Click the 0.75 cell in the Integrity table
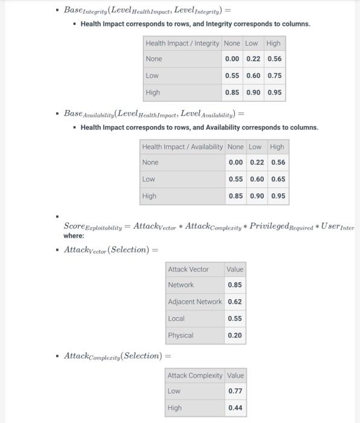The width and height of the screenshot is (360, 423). click(274, 76)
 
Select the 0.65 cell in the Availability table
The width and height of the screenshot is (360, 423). click(278, 179)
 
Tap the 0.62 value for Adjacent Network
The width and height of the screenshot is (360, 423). click(235, 302)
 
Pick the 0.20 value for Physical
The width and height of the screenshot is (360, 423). click(235, 335)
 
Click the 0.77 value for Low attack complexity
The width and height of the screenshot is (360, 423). click(235, 391)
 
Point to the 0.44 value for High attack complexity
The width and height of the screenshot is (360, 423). click(235, 408)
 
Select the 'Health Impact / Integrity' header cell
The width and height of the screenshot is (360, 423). click(182, 44)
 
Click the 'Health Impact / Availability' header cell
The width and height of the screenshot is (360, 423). click(182, 147)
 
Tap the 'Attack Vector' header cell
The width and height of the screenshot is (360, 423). click(188, 270)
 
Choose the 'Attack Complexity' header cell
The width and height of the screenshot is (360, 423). click(194, 375)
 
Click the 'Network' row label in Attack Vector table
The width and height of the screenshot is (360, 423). click(181, 285)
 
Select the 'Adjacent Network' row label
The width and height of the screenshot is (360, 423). click(194, 302)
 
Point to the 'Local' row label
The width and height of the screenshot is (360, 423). click(176, 318)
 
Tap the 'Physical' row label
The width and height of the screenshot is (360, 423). click(181, 335)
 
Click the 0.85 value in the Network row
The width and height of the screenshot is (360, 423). click(235, 285)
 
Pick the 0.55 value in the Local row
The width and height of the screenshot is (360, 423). click(235, 318)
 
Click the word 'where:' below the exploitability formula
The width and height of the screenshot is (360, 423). click(74, 236)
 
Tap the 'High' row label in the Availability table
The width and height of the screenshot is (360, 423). click(149, 196)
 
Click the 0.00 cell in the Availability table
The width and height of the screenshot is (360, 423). click(236, 162)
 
